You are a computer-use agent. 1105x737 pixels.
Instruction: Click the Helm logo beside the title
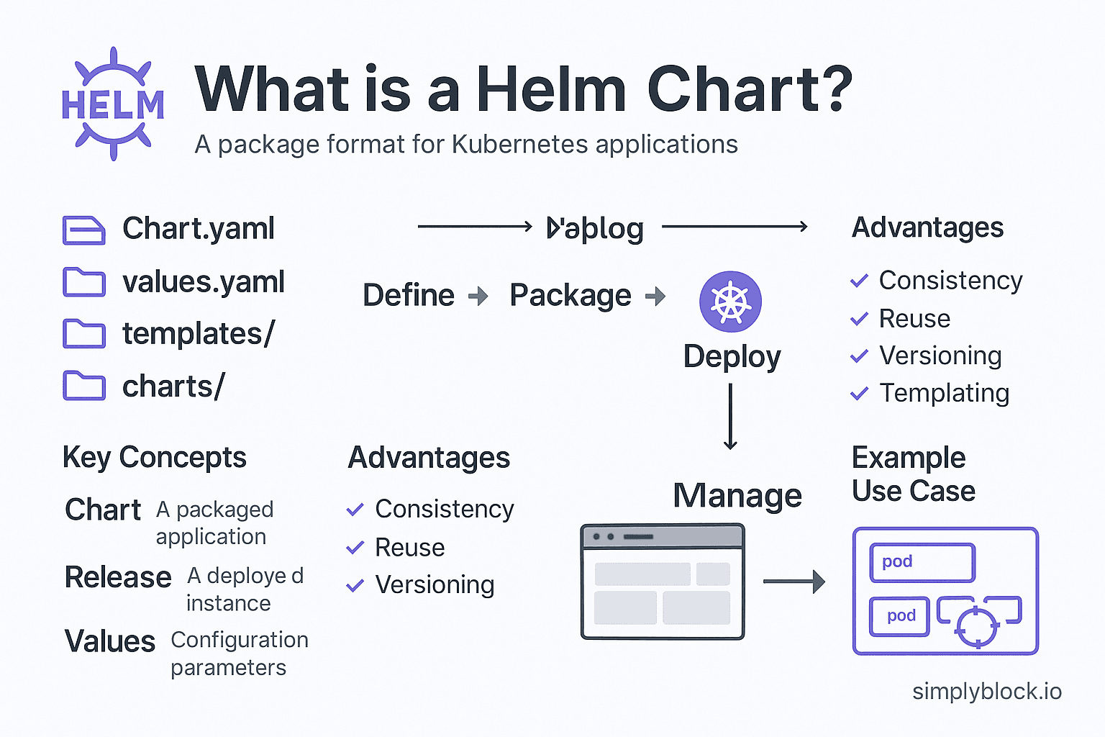click(x=113, y=104)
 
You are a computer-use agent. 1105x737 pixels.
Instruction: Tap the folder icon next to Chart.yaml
click(x=83, y=230)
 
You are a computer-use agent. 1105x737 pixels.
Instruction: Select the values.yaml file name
click(x=204, y=282)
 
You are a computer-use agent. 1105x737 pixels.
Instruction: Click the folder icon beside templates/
click(x=83, y=335)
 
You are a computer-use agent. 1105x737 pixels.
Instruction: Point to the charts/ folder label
click(x=173, y=387)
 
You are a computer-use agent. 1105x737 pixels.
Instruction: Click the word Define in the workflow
click(x=409, y=296)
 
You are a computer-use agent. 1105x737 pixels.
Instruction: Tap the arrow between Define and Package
click(x=478, y=296)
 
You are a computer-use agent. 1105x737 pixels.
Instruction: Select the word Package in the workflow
click(x=570, y=296)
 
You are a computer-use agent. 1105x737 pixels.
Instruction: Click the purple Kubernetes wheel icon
click(x=730, y=302)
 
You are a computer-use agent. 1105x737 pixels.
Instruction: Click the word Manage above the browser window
click(x=737, y=496)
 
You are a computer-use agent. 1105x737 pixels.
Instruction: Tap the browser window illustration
click(x=663, y=582)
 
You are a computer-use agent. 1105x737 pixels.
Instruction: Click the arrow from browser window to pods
click(x=793, y=582)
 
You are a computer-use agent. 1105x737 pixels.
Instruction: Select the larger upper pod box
click(x=922, y=562)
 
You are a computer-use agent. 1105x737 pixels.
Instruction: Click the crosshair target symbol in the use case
click(x=976, y=626)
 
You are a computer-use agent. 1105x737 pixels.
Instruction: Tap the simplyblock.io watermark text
click(x=987, y=692)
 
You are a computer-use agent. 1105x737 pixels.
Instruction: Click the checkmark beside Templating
click(x=859, y=394)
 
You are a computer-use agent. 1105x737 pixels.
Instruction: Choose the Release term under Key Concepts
click(x=118, y=577)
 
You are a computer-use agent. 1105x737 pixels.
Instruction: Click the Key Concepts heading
click(x=155, y=458)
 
